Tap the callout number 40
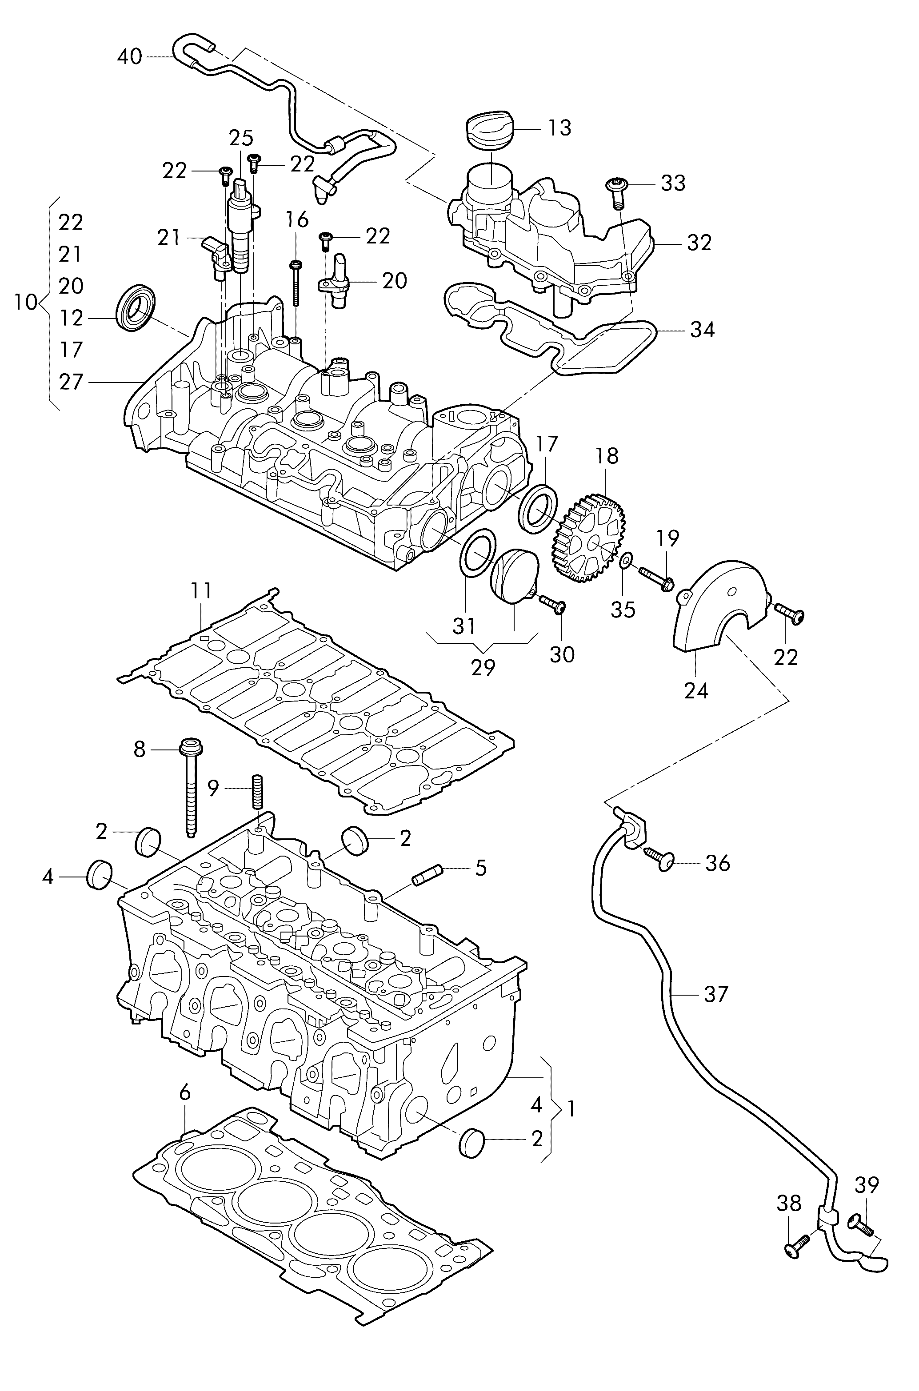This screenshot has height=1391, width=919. coord(129,57)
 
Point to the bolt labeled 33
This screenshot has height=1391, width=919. coord(616,193)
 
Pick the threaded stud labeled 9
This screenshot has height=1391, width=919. coord(257,793)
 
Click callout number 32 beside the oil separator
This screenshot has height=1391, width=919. coord(699,242)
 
